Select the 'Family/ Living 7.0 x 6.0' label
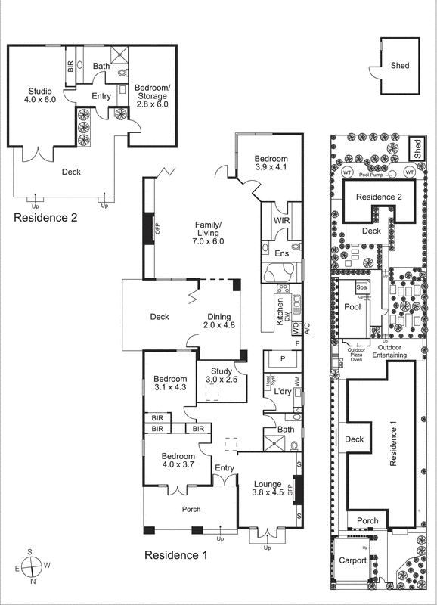(209, 234)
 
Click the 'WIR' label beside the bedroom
(282, 221)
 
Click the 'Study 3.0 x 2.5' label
(222, 375)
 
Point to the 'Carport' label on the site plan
(352, 560)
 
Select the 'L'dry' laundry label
(283, 391)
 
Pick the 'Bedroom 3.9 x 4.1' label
(271, 162)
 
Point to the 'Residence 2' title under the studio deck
(48, 219)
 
